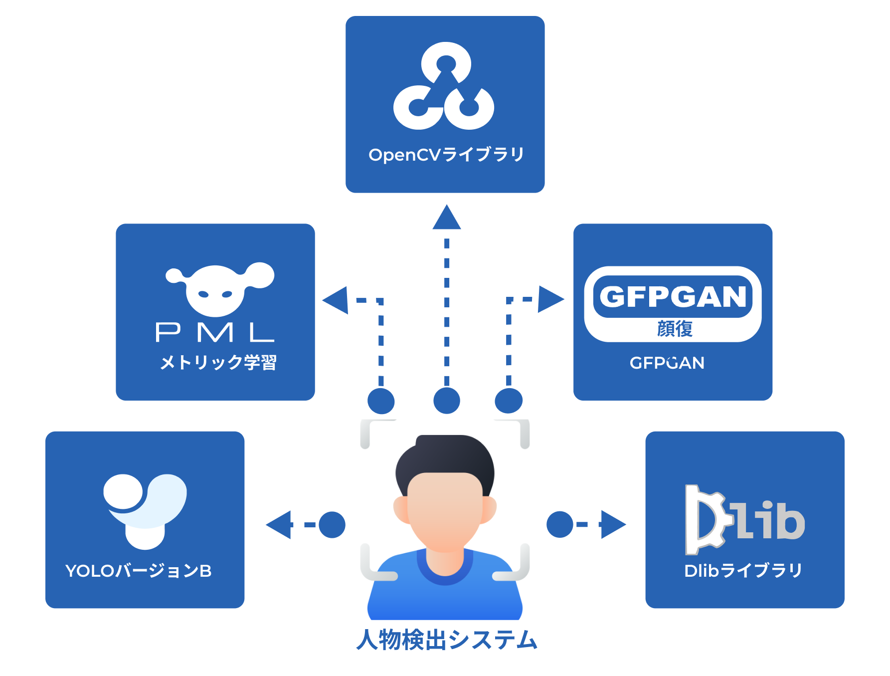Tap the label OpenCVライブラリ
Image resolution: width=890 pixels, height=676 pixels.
click(446, 155)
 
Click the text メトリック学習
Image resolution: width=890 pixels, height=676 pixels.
click(218, 362)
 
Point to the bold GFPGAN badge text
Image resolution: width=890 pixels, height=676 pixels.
click(673, 296)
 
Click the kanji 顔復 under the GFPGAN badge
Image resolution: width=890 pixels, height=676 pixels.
click(675, 329)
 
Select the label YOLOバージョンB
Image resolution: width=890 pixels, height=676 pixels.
click(139, 570)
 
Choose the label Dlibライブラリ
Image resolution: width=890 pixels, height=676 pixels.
click(743, 570)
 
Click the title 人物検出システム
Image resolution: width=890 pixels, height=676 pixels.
click(447, 640)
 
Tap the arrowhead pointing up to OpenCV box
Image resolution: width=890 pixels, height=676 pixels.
click(447, 219)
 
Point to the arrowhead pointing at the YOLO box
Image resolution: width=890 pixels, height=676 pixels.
click(280, 525)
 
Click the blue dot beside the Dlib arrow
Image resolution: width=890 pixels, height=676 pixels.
click(560, 525)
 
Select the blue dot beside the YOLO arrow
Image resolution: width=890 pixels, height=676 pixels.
click(332, 525)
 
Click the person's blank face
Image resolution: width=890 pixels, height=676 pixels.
click(445, 509)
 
